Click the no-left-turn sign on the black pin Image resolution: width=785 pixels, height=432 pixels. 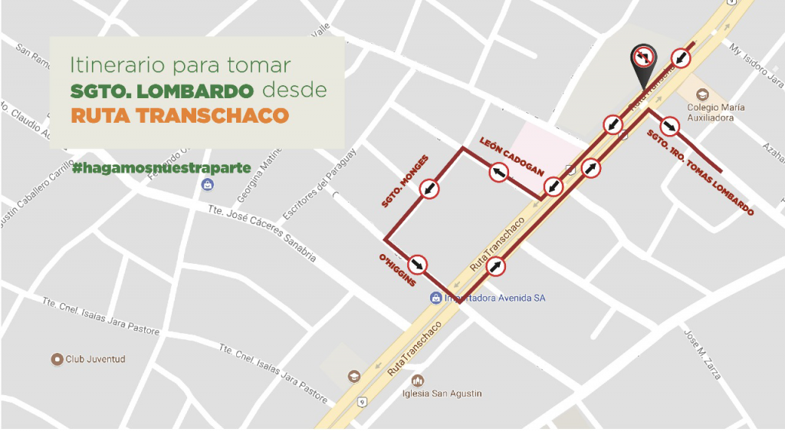[642, 58]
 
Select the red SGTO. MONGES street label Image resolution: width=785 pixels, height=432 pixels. [405, 181]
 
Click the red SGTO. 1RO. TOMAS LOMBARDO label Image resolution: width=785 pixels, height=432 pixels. [700, 173]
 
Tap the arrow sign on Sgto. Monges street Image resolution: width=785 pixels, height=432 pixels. [429, 189]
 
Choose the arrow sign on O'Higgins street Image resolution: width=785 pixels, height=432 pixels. [418, 265]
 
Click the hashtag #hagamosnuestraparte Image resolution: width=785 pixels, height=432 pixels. [162, 167]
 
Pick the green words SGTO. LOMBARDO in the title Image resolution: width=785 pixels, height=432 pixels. [162, 91]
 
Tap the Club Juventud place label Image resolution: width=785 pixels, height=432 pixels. [95, 359]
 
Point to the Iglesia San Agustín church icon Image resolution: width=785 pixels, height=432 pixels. [418, 380]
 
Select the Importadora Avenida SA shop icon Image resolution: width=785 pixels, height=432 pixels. [436, 298]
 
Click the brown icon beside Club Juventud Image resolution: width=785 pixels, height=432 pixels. [56, 359]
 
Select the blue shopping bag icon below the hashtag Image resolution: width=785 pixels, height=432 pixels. [207, 185]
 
